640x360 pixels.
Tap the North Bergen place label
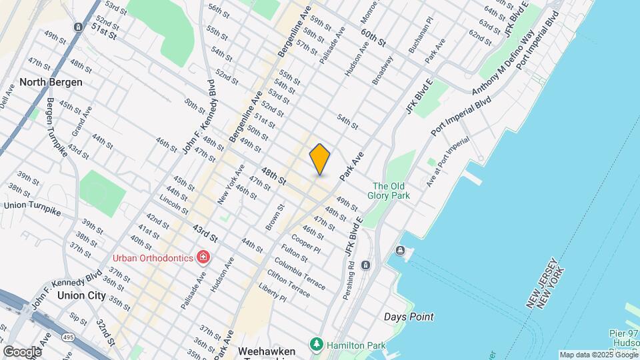[x=51, y=82]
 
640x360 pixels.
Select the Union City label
[x=81, y=295]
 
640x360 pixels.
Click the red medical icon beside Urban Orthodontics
[x=203, y=257]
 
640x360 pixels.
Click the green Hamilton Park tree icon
[x=316, y=344]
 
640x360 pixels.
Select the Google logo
[x=22, y=351]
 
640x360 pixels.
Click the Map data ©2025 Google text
[x=598, y=355]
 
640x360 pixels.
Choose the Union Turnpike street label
[x=32, y=208]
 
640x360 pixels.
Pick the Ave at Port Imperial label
[x=448, y=161]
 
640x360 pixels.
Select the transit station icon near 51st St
[x=79, y=27]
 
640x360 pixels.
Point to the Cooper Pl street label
[x=307, y=244]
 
